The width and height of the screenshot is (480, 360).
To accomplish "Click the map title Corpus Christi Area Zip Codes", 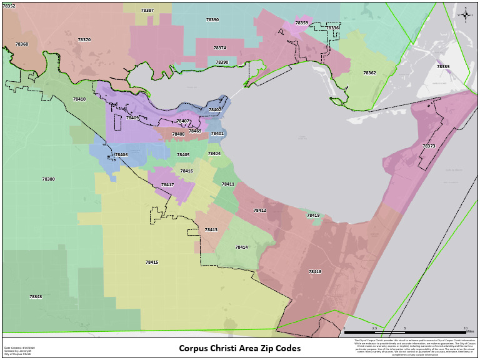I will pyautogui.click(x=240, y=348).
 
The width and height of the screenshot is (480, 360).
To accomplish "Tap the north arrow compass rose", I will pyautogui.click(x=466, y=14).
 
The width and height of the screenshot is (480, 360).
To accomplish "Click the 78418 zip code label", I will pyautogui.click(x=315, y=272).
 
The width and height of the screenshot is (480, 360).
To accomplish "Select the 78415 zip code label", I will pyautogui.click(x=152, y=262).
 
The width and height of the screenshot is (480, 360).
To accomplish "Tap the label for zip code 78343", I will pyautogui.click(x=36, y=297).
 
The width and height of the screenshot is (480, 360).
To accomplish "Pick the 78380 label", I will pyautogui.click(x=49, y=179).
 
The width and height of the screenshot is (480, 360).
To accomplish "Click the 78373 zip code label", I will pyautogui.click(x=429, y=146).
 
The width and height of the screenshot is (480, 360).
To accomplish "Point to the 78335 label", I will pyautogui.click(x=443, y=67).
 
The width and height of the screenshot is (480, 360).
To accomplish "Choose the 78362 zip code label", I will pyautogui.click(x=370, y=73).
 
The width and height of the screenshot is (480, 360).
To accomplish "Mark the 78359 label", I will pyautogui.click(x=302, y=23).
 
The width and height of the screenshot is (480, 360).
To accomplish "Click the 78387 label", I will pyautogui.click(x=147, y=11).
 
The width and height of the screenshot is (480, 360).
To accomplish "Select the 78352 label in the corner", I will pyautogui.click(x=9, y=6).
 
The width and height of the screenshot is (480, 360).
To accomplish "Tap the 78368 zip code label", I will pyautogui.click(x=22, y=44).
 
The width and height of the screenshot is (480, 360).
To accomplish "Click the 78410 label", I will pyautogui.click(x=79, y=99).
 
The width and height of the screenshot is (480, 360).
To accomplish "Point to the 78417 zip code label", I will pyautogui.click(x=167, y=185).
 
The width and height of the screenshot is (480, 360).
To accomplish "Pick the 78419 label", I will pyautogui.click(x=313, y=216).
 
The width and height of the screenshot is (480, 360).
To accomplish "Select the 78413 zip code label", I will pyautogui.click(x=211, y=230).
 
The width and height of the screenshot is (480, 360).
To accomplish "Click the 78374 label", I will pyautogui.click(x=220, y=48).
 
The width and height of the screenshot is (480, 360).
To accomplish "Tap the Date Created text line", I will pyautogui.click(x=19, y=347).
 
